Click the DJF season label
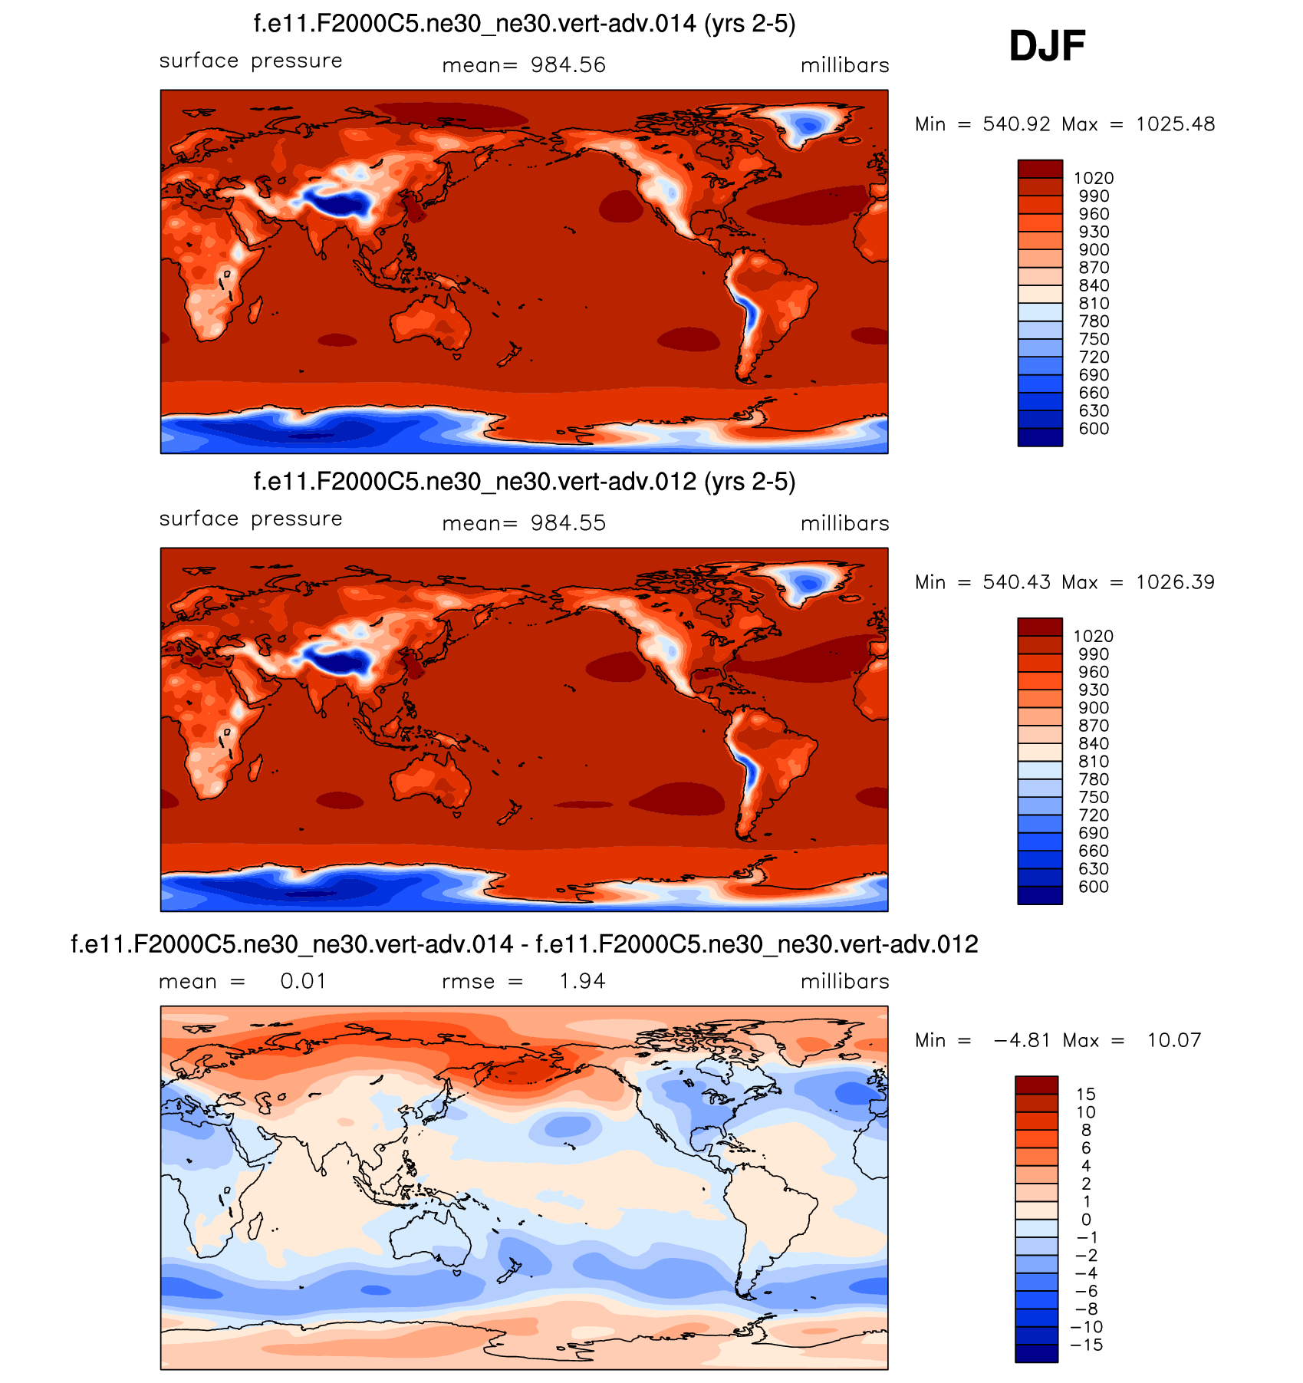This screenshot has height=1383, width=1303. tap(1047, 46)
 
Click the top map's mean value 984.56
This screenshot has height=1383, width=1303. tap(568, 65)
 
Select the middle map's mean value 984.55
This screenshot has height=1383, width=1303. tap(568, 523)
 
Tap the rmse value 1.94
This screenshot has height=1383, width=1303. tap(582, 981)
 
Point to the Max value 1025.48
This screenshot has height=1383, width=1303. tap(1175, 124)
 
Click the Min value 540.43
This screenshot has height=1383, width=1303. tap(1016, 582)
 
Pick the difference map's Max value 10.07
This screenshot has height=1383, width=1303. tap(1173, 1040)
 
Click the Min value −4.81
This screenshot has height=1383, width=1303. tap(1022, 1040)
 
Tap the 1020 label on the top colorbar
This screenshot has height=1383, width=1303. tap(1093, 178)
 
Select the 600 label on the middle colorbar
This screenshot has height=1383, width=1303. tap(1093, 887)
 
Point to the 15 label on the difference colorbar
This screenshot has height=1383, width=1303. tap(1086, 1095)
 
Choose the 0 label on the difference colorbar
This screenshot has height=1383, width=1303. tap(1086, 1220)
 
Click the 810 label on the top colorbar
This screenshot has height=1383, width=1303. tap(1093, 304)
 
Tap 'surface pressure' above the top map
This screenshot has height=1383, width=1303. tap(251, 61)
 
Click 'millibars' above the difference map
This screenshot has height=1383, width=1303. tap(844, 981)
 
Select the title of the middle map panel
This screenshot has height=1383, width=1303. tap(525, 482)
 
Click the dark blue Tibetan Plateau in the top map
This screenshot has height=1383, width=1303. tap(337, 203)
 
